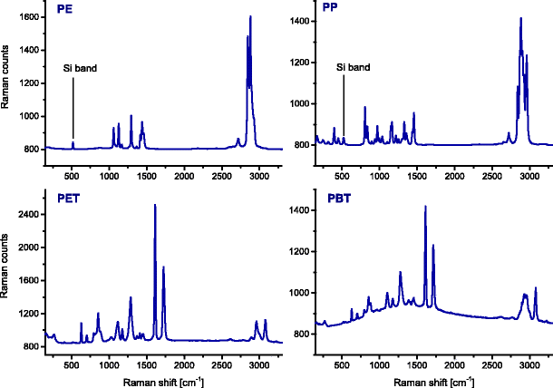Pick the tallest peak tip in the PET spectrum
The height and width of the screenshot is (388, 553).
[x=155, y=206]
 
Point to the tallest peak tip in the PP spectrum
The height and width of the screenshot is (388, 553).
[x=520, y=19]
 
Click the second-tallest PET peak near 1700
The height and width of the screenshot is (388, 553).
[x=163, y=267]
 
